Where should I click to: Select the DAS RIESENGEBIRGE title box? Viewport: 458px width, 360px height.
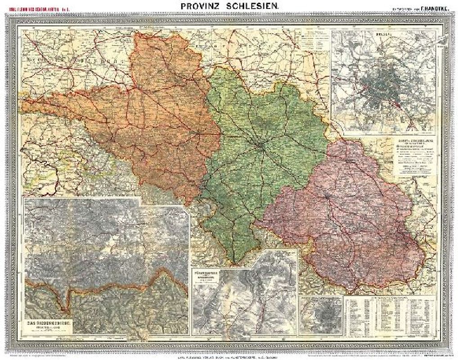pos(49,326)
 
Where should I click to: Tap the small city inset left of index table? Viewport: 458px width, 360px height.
pos(321,315)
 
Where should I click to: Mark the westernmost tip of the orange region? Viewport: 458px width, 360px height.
pos(22,104)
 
